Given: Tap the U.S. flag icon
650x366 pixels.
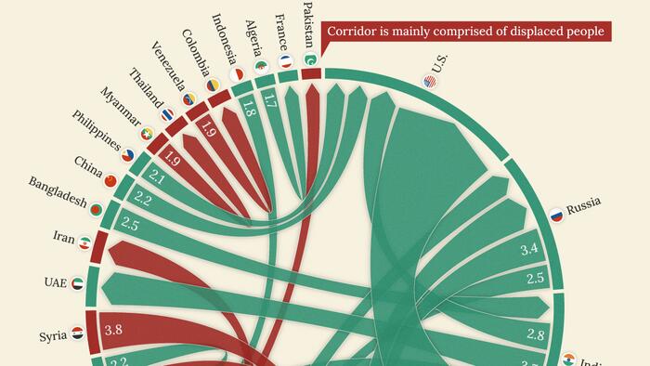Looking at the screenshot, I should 429,82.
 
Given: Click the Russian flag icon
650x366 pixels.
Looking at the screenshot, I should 556,216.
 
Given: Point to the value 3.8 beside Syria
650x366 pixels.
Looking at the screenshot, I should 114,329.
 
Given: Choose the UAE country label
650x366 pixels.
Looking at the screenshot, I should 56,281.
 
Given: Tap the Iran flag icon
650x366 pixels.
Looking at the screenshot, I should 84,243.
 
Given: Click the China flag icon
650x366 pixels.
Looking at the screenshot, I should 110,180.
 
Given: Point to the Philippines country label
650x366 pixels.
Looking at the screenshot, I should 97,136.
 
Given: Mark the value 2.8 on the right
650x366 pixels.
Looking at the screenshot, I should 536,334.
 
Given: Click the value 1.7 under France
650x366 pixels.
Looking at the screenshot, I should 269,96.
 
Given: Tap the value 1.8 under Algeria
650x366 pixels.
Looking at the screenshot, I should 248,108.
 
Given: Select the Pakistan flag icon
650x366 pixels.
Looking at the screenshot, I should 310,60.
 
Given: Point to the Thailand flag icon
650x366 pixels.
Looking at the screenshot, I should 167,115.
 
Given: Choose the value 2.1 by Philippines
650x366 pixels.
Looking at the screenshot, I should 156,176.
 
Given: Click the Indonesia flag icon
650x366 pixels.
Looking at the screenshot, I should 237,73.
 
